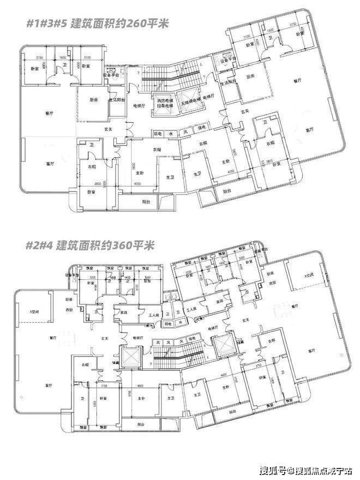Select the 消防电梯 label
coord(164,101)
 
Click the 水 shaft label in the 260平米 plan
coord(171,133)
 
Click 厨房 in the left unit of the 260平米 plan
coord(93,100)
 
